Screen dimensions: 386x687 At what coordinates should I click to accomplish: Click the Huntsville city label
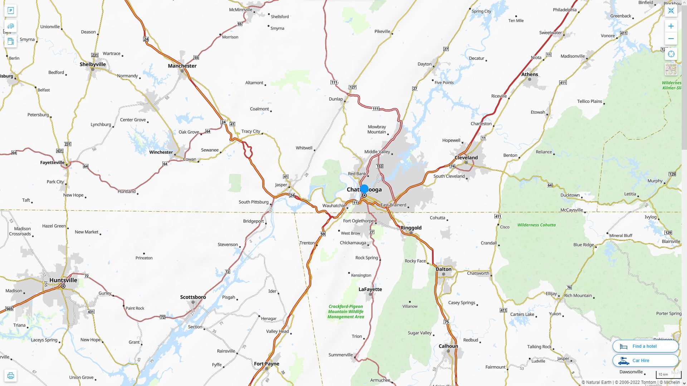pos(63,280)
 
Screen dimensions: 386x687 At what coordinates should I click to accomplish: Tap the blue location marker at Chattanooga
pos(364,189)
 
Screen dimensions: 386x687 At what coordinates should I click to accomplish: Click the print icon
pos(11,376)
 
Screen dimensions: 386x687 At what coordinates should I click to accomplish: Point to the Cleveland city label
pos(466,158)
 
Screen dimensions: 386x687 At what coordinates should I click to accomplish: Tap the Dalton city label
pos(444,269)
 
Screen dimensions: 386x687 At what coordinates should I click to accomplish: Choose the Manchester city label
pos(182,66)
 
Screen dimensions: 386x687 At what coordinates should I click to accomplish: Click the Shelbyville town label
pos(93,64)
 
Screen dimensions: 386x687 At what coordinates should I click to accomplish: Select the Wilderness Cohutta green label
pos(536,225)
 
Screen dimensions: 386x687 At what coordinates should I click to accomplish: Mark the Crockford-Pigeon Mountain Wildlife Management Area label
pos(346,312)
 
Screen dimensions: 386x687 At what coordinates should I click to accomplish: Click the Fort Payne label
pos(267,364)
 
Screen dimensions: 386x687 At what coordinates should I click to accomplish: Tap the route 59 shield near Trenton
pos(323,234)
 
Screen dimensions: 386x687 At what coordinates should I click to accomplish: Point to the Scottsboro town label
pos(193,297)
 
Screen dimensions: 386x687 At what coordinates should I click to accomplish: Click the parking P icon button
pos(11,11)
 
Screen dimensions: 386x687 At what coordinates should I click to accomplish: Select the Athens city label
pos(530,74)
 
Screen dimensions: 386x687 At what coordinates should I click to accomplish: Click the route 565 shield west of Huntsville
pos(9,309)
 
